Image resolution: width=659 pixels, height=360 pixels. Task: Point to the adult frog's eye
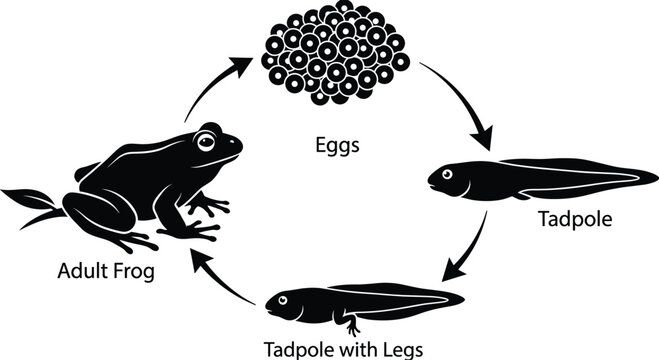tap(207, 140)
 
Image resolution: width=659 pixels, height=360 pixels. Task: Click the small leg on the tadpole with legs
tap(353, 324)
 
